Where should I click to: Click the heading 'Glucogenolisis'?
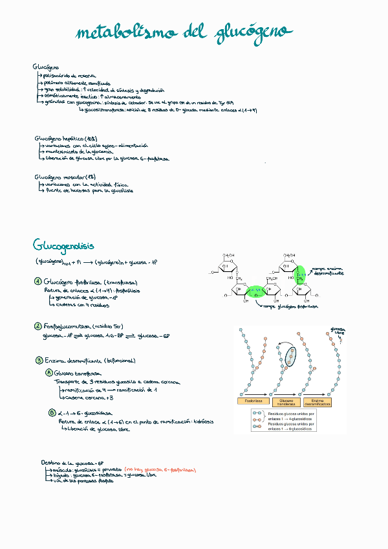(63, 245)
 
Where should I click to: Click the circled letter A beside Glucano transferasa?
(49, 374)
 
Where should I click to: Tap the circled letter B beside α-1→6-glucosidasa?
(52, 412)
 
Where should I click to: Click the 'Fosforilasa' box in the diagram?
(250, 403)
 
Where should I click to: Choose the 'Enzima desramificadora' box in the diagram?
(321, 403)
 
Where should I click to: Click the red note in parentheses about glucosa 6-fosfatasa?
(160, 470)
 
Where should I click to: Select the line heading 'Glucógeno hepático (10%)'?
(65, 139)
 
